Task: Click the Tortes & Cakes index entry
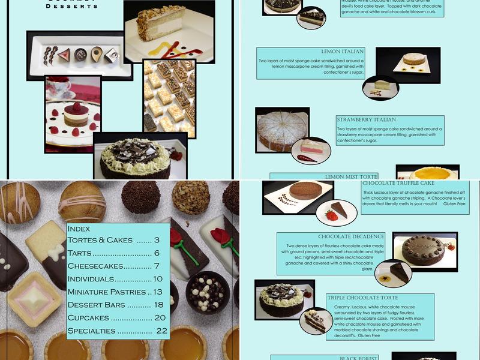[x=113, y=240]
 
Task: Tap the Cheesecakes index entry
[x=115, y=266]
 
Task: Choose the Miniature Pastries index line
[x=115, y=292]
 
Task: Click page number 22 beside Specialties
[x=161, y=331]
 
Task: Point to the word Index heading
[x=79, y=228]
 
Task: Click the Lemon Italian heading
[x=343, y=52]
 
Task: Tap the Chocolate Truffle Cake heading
[x=398, y=182]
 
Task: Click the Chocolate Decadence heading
[x=351, y=236]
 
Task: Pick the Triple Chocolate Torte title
[x=362, y=297]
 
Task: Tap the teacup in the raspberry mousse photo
[x=59, y=87]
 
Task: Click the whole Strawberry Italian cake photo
[x=281, y=130]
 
